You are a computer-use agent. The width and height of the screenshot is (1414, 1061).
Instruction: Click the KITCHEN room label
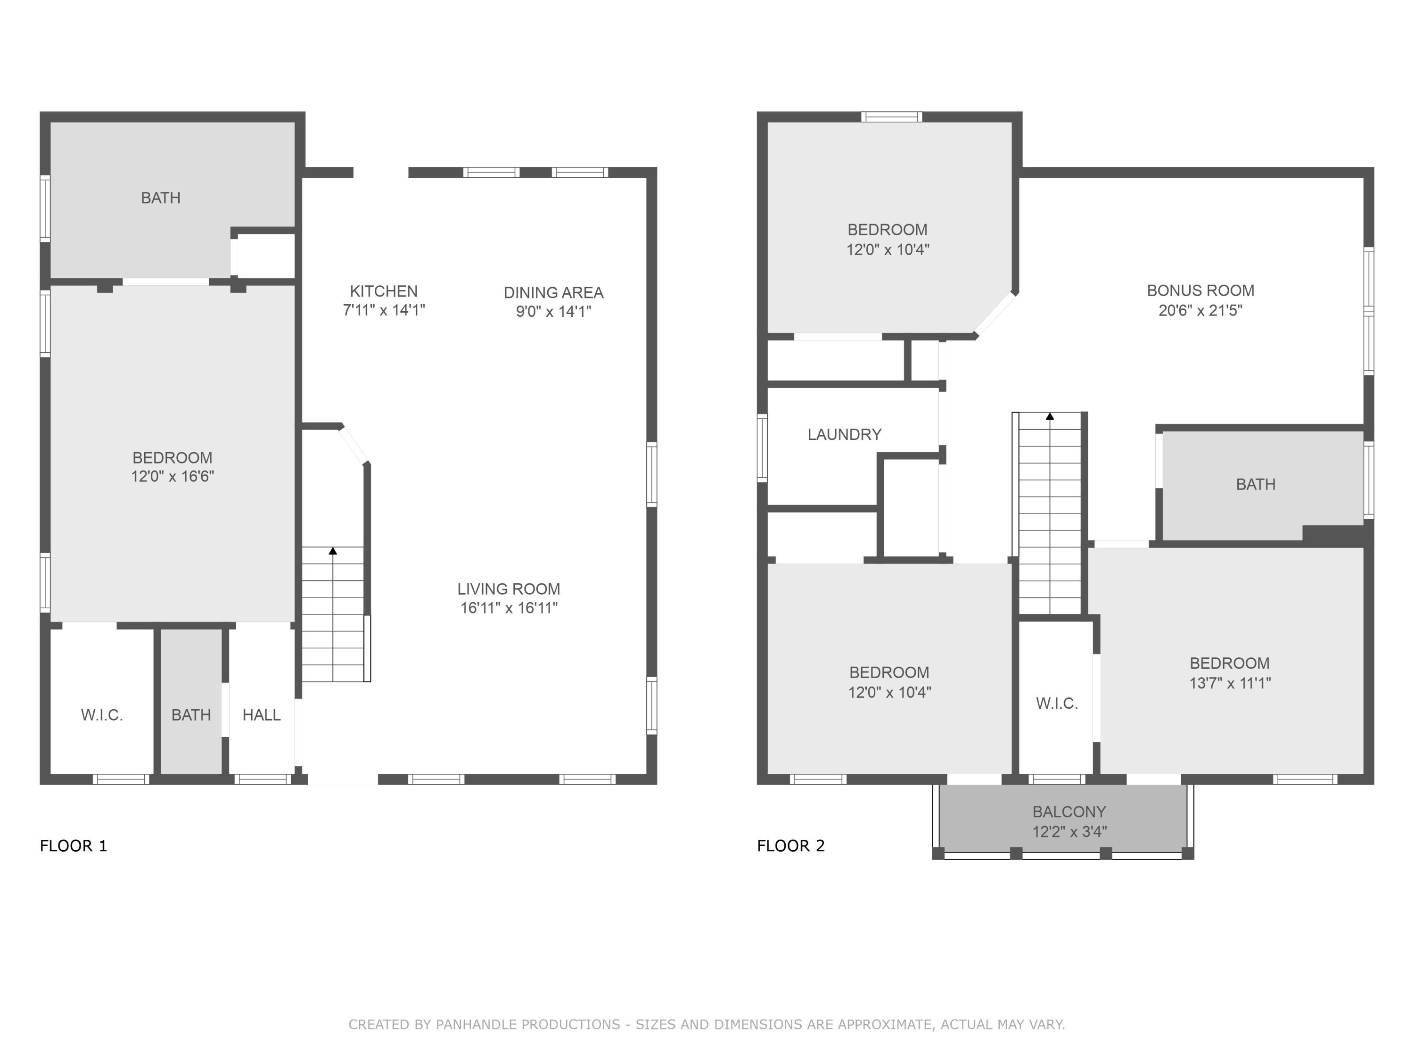(x=384, y=291)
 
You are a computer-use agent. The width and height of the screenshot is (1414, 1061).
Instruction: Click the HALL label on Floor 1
(x=262, y=715)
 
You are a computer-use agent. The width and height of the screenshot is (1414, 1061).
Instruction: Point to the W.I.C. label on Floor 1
(x=102, y=715)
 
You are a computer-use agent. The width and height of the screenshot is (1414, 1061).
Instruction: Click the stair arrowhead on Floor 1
(x=332, y=551)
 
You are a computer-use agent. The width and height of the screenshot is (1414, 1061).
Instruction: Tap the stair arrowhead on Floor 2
(x=1050, y=416)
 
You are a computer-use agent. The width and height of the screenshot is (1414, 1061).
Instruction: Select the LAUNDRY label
(x=845, y=434)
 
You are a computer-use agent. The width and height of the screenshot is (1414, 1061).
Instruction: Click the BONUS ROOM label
(x=1200, y=290)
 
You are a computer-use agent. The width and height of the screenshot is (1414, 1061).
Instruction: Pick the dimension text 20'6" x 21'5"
(x=1200, y=310)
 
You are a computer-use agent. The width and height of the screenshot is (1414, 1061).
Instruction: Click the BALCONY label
(x=1069, y=812)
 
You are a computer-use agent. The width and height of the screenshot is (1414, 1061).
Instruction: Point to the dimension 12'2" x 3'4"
(x=1069, y=831)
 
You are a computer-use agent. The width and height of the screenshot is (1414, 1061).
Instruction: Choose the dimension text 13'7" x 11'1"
(x=1229, y=683)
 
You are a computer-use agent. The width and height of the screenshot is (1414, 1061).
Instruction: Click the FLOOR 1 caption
(x=74, y=845)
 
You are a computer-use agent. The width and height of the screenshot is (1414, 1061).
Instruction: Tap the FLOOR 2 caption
(x=791, y=845)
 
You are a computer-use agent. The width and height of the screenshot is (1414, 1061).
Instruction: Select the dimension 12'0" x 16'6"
(x=172, y=476)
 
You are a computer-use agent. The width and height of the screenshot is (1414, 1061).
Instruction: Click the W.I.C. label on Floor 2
(x=1057, y=704)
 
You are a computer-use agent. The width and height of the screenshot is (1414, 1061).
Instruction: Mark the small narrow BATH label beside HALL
(x=191, y=715)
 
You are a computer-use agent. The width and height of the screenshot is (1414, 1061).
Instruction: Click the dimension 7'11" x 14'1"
(x=384, y=310)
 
